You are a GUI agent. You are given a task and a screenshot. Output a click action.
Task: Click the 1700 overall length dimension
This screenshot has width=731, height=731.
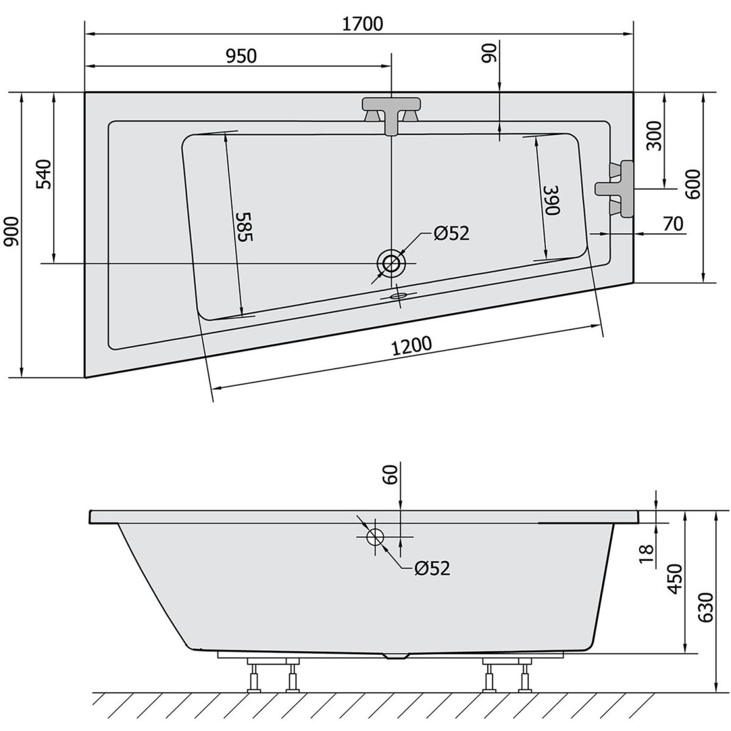[x=362, y=24]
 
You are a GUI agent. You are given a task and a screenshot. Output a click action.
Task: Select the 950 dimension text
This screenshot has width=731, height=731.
[x=241, y=56]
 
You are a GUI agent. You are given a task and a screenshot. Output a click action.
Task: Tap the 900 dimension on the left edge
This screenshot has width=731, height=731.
[x=12, y=231]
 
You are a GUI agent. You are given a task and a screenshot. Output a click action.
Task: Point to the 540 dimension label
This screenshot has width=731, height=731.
[x=44, y=174]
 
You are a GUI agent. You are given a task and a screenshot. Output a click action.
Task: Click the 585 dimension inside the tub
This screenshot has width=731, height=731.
[x=244, y=227]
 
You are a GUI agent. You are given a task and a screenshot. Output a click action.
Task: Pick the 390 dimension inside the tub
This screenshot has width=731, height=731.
[x=551, y=200]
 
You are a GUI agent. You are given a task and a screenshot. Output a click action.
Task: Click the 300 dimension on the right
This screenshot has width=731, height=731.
[x=654, y=136]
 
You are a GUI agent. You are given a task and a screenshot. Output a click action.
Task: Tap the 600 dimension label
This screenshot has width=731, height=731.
[x=693, y=185]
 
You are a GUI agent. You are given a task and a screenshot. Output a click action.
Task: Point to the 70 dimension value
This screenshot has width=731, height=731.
[x=673, y=224]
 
